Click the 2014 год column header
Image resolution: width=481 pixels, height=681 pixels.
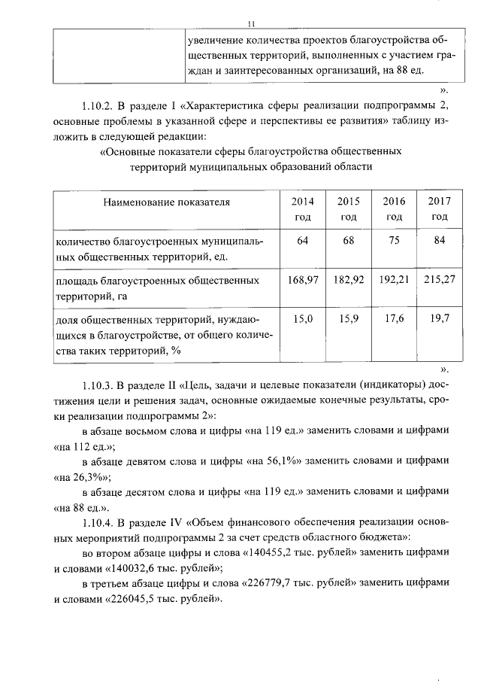(302, 209)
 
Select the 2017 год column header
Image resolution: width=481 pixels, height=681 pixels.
(439, 209)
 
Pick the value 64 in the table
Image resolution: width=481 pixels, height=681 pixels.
(303, 240)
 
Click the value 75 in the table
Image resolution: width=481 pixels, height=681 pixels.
(394, 240)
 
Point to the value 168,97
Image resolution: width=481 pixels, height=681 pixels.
(303, 280)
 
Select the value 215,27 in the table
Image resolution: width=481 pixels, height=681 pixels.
(439, 280)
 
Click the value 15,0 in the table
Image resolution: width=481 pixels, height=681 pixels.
(303, 319)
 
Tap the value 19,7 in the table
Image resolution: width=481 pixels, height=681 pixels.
(439, 319)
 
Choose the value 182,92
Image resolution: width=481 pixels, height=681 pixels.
(349, 280)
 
